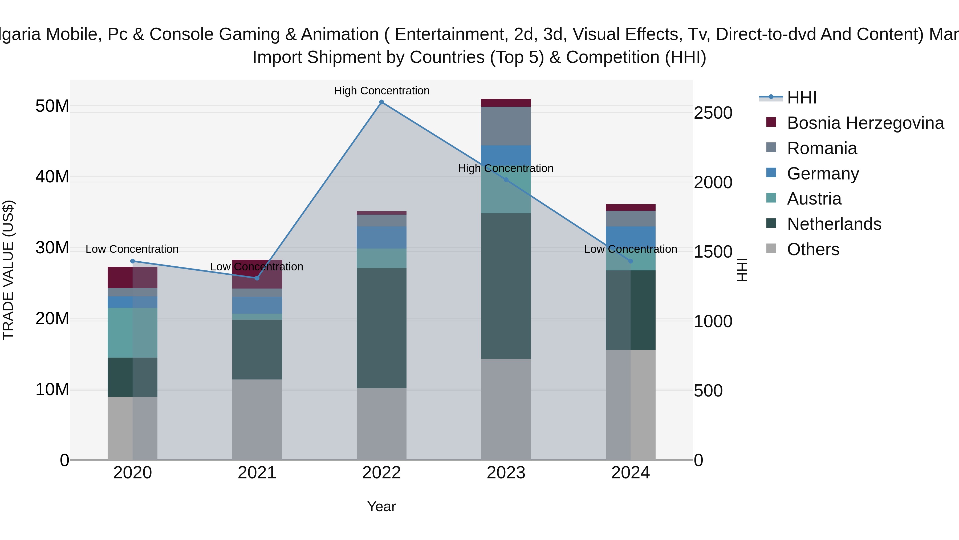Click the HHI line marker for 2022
[x=381, y=102]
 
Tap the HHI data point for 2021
[x=257, y=278]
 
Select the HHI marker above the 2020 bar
[x=133, y=261]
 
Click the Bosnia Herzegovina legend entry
[x=865, y=123]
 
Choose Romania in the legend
[x=822, y=148]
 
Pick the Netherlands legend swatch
[x=771, y=224]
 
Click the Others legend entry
[x=813, y=249]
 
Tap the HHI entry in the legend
[x=802, y=98]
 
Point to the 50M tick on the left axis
[x=52, y=106]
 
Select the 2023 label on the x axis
[x=506, y=473]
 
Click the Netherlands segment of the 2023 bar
[x=506, y=286]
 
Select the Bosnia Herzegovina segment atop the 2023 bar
[x=506, y=103]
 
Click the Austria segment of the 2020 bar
[x=133, y=333]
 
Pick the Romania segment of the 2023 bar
[x=506, y=126]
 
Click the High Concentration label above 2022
[x=381, y=91]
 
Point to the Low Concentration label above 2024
[x=630, y=249]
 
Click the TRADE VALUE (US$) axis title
[x=8, y=270]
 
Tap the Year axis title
[x=381, y=506]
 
